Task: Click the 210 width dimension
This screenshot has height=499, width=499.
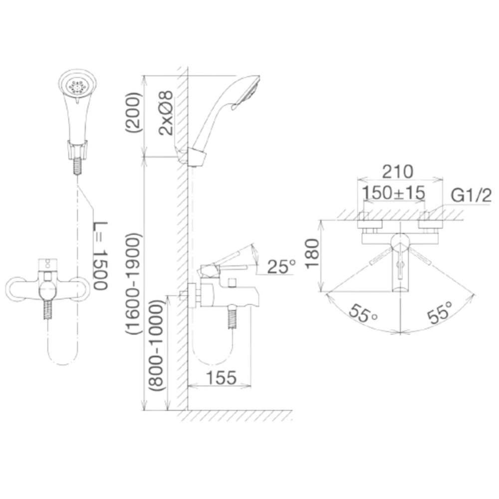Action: point(398,172)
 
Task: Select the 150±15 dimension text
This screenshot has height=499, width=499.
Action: point(394,192)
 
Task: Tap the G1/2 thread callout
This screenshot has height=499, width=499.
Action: point(471,196)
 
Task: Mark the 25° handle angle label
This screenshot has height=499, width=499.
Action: point(281,267)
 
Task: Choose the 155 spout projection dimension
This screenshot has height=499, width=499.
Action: point(220,377)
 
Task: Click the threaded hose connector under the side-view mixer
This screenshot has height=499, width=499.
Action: point(232,318)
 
